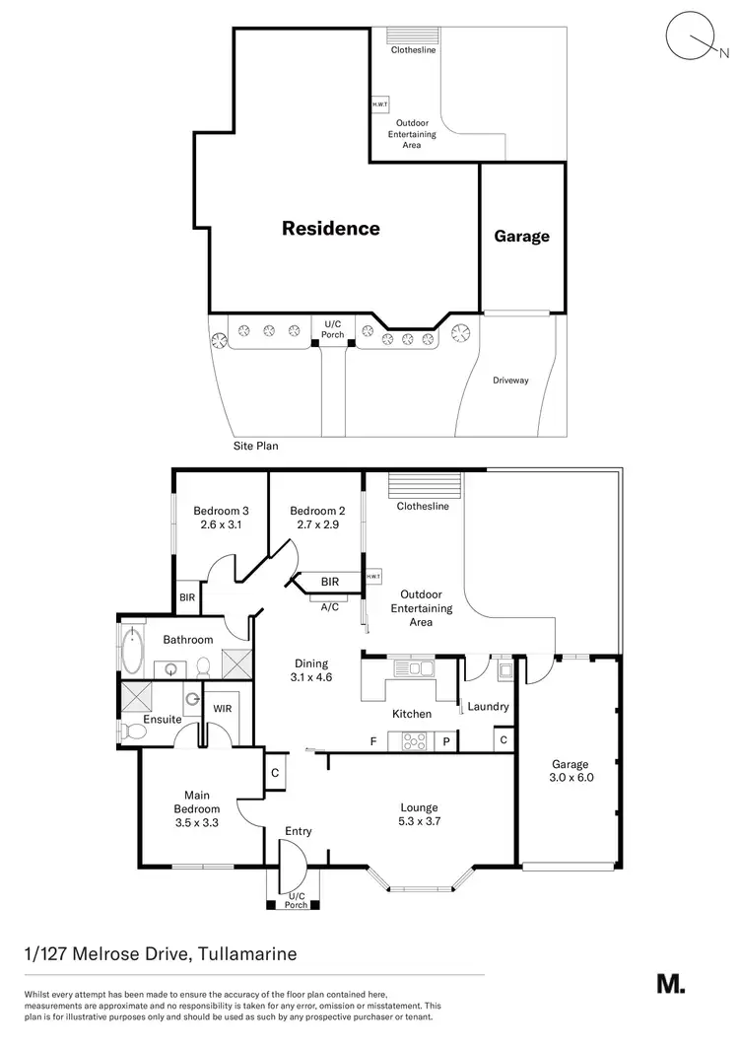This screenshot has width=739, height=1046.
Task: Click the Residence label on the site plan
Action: (x=331, y=228)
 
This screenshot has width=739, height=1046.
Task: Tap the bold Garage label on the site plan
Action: (x=521, y=236)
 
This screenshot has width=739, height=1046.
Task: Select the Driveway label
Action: (x=510, y=380)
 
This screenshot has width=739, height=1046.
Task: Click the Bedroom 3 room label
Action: (x=220, y=511)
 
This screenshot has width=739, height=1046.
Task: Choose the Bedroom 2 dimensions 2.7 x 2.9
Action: (x=316, y=524)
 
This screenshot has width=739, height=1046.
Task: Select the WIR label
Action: (x=222, y=708)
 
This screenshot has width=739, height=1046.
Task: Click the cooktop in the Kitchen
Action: (x=412, y=740)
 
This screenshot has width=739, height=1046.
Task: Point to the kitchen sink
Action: (x=413, y=669)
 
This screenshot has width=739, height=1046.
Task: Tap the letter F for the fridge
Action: (x=372, y=740)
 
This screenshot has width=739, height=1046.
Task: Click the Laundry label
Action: (x=488, y=706)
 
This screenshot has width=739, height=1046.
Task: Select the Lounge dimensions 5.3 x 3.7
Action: (x=419, y=821)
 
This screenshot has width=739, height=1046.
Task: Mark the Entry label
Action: (x=298, y=831)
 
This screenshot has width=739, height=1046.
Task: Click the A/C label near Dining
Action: (x=330, y=608)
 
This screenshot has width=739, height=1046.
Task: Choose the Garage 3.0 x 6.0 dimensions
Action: (x=570, y=777)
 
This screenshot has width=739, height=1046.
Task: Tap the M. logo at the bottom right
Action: (x=670, y=983)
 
